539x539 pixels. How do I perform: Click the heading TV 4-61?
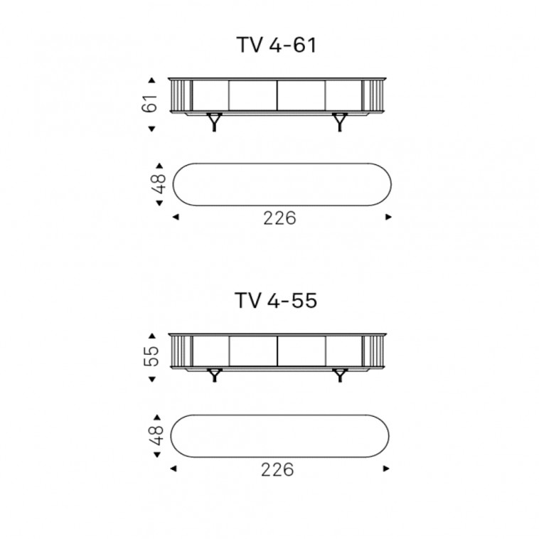click(x=277, y=45)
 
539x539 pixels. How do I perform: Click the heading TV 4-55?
click(x=276, y=301)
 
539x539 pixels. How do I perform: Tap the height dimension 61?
click(x=150, y=103)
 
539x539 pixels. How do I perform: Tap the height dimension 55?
click(x=151, y=356)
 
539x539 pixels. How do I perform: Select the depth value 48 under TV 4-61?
click(x=159, y=184)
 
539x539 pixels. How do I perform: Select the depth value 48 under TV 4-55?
click(x=157, y=435)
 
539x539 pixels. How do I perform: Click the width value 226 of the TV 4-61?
click(x=279, y=218)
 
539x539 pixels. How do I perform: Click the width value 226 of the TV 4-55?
click(x=277, y=469)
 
